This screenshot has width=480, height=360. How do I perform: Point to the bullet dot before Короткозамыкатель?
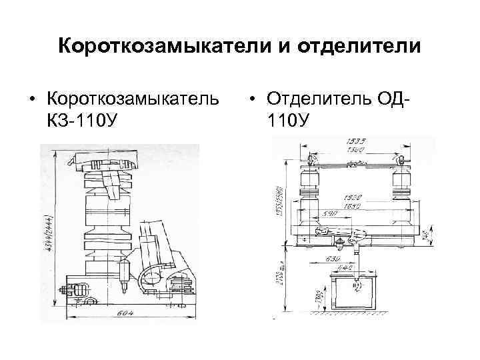(31, 100)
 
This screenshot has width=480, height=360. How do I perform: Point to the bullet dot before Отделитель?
(254, 100)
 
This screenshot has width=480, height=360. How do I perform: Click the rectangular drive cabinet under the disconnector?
(358, 291)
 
